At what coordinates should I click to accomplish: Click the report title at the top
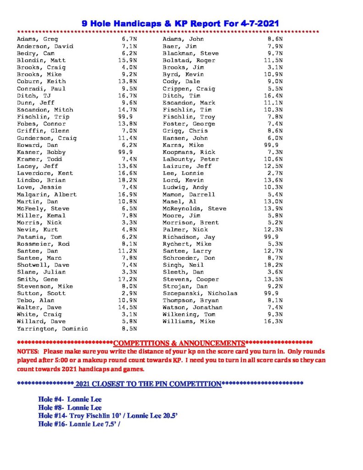tap(180, 22)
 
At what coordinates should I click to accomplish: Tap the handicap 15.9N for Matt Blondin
tap(128, 60)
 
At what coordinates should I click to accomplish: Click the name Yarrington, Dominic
tap(52, 329)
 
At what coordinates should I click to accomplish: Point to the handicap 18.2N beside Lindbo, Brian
tap(128, 180)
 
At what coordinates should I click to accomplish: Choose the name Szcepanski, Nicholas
tap(200, 293)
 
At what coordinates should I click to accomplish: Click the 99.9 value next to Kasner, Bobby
tap(125, 152)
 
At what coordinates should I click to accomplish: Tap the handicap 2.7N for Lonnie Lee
tap(275, 173)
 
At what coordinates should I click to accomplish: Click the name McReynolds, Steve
tap(195, 208)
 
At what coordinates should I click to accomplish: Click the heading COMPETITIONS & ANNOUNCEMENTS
tap(179, 343)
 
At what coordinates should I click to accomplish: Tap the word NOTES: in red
tap(28, 352)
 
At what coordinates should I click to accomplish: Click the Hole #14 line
tap(108, 416)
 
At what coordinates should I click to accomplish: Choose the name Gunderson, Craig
tap(47, 138)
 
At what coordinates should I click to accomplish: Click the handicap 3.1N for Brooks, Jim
tap(275, 67)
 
